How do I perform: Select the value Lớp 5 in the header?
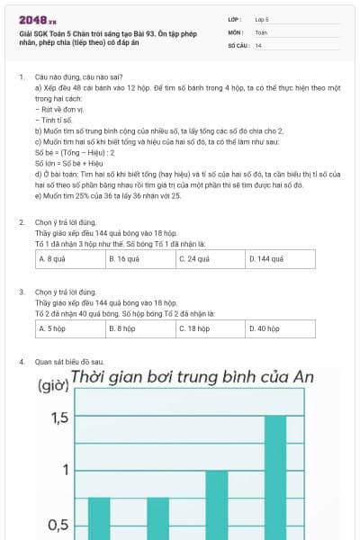[262, 19]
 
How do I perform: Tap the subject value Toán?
[261, 31]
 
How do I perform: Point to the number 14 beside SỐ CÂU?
[258, 44]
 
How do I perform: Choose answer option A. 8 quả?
[70, 258]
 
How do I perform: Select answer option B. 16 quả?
[140, 258]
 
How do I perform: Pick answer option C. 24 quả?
[211, 258]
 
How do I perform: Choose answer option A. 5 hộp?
[70, 329]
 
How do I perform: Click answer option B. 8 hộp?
[140, 329]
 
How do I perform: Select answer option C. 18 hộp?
[211, 329]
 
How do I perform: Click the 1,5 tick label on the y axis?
[59, 418]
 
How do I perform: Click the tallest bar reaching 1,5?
[275, 477]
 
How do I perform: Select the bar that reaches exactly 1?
[217, 504]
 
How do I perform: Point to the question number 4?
[22, 362]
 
